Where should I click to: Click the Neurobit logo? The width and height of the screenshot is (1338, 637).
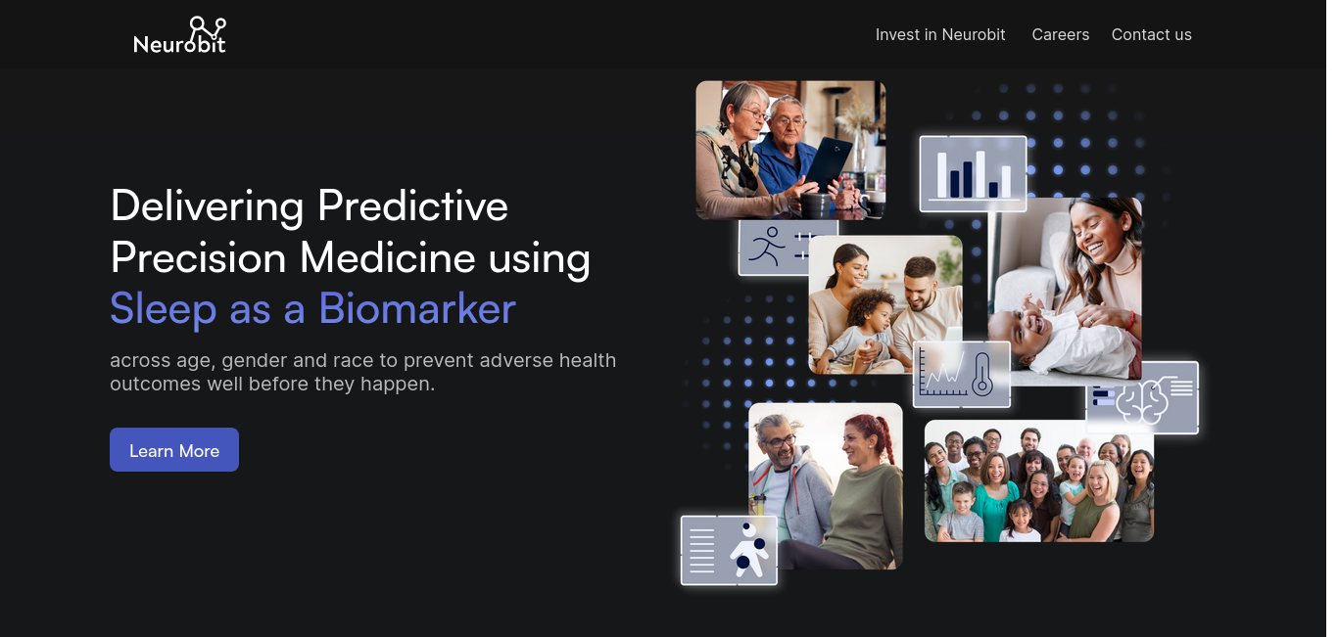coord(179,35)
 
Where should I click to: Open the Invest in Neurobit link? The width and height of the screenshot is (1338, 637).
coord(940,34)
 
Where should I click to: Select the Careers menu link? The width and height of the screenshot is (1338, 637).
coord(1060,34)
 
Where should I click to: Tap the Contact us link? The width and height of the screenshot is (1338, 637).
coord(1151,34)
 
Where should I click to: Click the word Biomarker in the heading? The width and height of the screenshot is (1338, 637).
coord(417,309)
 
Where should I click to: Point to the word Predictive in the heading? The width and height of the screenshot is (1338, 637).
coord(412,206)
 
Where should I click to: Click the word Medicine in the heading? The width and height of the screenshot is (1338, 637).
coord(388,257)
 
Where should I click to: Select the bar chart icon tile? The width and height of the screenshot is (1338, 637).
coord(973,173)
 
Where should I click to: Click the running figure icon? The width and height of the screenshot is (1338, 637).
coord(766,246)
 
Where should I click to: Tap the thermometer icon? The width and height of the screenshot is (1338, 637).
coord(982,374)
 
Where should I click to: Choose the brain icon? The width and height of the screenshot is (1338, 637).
coord(1142,401)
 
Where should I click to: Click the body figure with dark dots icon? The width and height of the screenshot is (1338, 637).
coord(747,550)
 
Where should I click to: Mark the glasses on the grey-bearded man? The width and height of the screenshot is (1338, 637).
coord(780,442)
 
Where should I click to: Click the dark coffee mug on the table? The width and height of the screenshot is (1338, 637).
coord(815,205)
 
